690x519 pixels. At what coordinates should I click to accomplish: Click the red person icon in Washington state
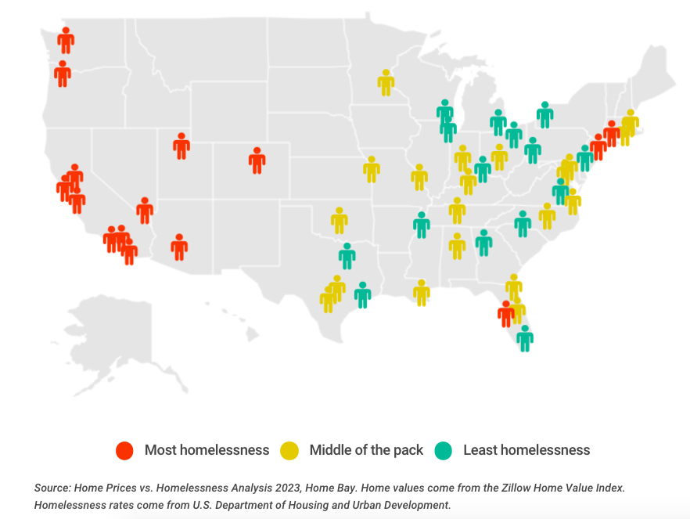point(66,40)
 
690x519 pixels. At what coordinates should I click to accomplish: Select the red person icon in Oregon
point(63,74)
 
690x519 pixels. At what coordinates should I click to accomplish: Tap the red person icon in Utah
point(181,146)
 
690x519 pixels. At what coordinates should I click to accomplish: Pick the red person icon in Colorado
point(257,160)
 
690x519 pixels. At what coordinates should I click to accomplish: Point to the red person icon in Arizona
point(179,247)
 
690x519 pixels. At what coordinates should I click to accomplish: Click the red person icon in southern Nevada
point(144,210)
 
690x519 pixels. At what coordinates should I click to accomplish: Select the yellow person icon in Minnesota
point(386,82)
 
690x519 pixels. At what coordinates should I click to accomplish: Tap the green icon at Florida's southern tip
point(525,338)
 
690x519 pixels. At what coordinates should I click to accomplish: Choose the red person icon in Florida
point(506,314)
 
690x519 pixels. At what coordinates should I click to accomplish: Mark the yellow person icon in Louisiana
point(422,293)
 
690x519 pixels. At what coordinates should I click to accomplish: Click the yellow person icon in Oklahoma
point(339,221)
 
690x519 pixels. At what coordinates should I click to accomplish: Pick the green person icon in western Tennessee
point(422,225)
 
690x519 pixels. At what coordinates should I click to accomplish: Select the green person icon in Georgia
point(483,243)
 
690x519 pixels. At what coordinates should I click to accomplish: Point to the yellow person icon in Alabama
point(457,246)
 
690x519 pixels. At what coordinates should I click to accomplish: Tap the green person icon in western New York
point(544,114)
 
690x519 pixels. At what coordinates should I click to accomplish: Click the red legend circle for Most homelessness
point(124,450)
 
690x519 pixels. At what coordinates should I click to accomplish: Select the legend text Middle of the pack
point(366,450)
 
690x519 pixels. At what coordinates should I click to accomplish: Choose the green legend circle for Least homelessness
point(444,450)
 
